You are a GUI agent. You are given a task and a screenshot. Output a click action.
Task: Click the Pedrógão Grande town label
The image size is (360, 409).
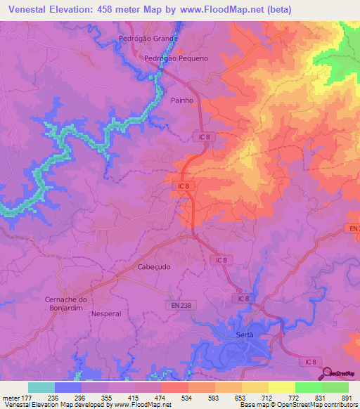coord(148,38)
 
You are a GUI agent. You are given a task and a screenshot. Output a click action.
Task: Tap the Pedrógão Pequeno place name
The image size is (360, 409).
coord(176,58)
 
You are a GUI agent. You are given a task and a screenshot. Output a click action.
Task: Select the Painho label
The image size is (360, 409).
coord(183,100)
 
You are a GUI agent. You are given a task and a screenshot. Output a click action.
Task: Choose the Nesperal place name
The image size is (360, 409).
coord(106,313)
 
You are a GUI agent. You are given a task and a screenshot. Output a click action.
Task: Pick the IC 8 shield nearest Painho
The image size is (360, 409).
coord(202,138)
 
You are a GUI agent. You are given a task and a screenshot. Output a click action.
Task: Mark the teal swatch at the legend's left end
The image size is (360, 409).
coord(41,387)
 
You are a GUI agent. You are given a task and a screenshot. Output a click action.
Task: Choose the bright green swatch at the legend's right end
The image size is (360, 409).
coord(335,387)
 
